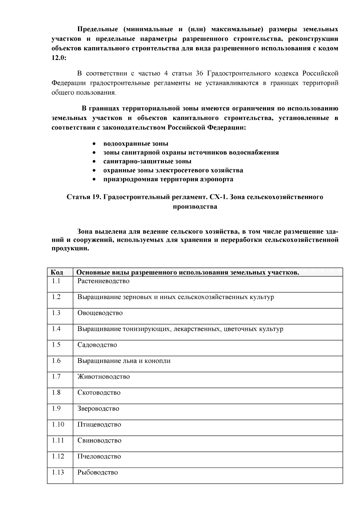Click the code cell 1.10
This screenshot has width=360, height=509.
point(58,424)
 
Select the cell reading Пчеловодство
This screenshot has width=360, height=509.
point(99,457)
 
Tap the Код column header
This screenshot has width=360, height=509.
point(57,272)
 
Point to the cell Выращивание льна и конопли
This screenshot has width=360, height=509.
point(124,361)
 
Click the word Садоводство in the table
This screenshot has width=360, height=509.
point(97,345)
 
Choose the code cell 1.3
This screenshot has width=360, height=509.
point(56,313)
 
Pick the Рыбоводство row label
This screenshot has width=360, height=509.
point(97,472)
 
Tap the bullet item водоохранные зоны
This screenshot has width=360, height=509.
point(136,144)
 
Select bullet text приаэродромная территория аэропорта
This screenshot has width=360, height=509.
point(168,179)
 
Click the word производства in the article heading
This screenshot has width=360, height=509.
point(195,207)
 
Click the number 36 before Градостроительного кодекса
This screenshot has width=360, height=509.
point(200,73)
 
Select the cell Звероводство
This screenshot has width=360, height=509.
point(98,409)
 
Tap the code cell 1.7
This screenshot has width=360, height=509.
point(56,376)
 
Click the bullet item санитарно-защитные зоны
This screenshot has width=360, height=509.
point(147,161)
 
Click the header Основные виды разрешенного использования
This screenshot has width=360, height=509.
point(188,272)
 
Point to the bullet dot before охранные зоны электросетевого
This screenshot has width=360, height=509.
point(94,171)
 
